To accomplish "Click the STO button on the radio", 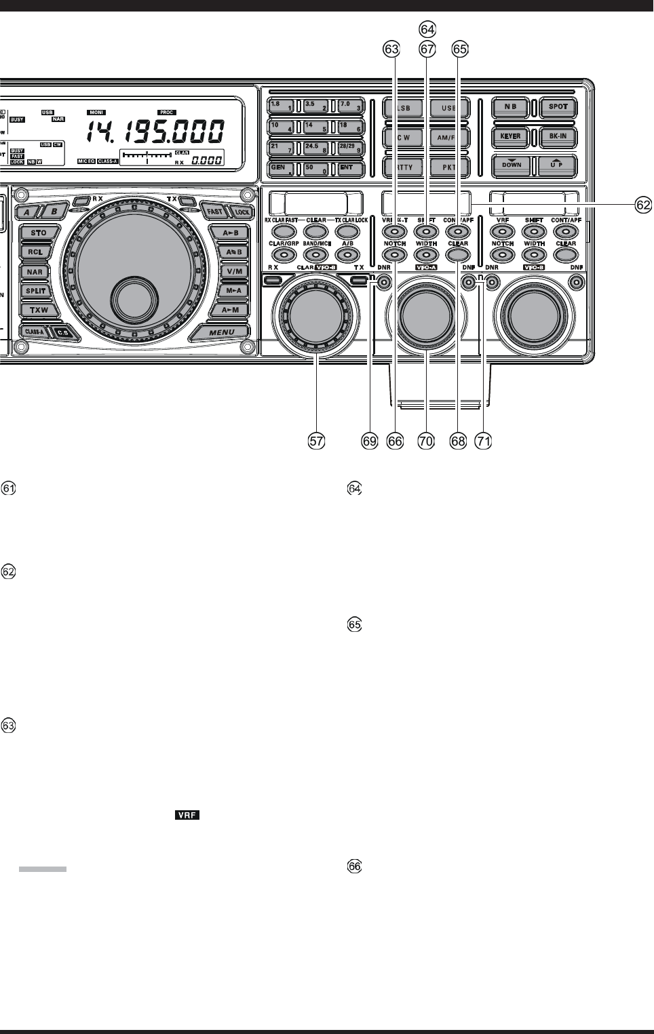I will (38, 233).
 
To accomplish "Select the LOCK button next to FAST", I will (242, 212).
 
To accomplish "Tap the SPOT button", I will (558, 107).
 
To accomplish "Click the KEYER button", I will (511, 136).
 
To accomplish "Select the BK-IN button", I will (558, 136).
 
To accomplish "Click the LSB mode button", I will (403, 108).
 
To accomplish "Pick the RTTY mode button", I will (403, 167).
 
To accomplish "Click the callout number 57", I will (316, 441).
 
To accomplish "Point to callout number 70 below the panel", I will (425, 441).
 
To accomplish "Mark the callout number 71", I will (482, 441).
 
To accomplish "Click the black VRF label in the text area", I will (187, 815).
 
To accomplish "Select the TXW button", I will (38, 311).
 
